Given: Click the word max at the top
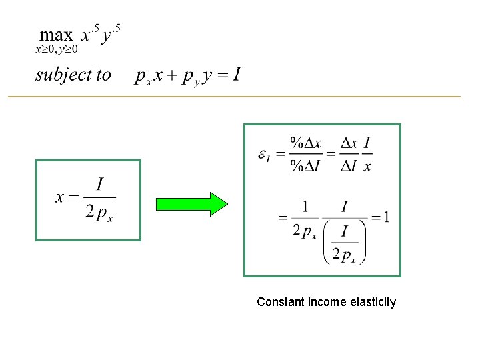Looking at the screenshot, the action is click(56, 35).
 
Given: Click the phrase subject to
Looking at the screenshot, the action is click(73, 75).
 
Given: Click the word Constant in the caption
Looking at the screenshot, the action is click(280, 302).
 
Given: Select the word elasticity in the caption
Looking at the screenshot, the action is click(372, 302).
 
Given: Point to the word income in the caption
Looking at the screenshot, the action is click(327, 302).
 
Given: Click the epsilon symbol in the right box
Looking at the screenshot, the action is click(264, 155).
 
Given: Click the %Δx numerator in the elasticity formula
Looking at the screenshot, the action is click(305, 143).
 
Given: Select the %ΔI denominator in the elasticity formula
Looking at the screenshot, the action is click(305, 167).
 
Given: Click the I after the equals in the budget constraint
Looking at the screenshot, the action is click(237, 75).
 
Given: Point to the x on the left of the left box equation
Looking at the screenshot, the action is click(61, 197).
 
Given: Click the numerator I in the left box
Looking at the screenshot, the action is click(100, 183).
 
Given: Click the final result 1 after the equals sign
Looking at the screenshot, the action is click(386, 217).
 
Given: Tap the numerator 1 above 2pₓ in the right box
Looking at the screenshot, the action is click(304, 206).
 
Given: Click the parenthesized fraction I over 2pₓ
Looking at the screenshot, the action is click(344, 244).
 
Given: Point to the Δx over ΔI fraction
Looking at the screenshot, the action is click(349, 154).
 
